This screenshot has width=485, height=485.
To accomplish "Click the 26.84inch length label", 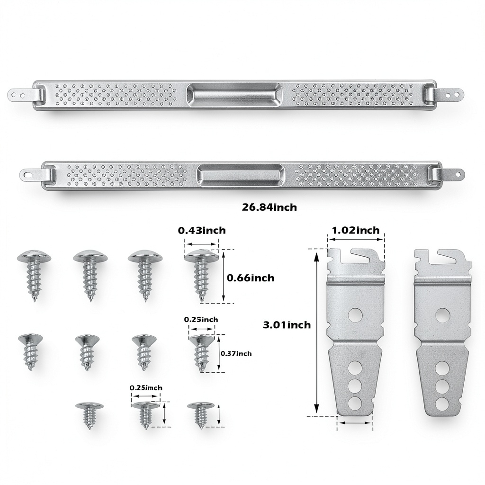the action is [x=269, y=207].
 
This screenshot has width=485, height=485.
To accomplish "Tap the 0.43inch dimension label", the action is [x=202, y=231].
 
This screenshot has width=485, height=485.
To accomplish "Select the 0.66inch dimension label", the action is [x=251, y=278].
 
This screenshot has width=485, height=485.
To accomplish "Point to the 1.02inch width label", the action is [x=355, y=231].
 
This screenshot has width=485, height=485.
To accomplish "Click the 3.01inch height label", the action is [x=287, y=325].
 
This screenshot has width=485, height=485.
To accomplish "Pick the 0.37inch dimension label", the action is [x=236, y=353].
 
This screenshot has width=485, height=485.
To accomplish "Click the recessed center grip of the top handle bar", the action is [x=234, y=93].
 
